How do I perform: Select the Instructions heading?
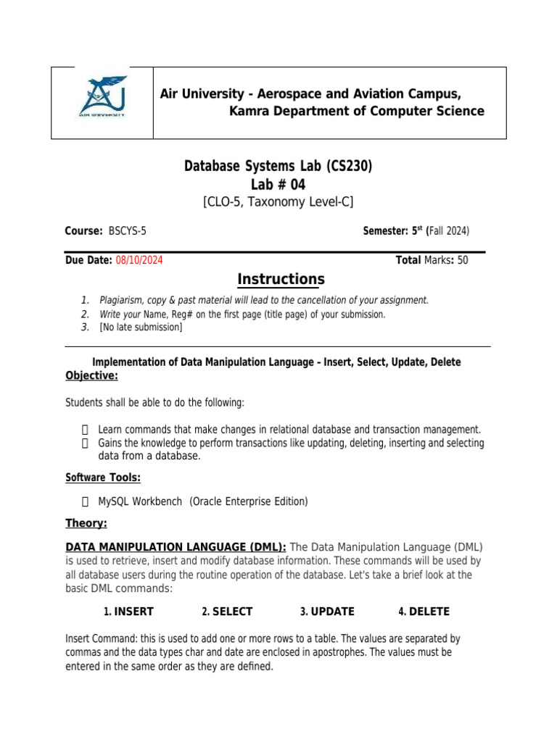point(281,280)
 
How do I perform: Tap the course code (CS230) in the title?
point(349,167)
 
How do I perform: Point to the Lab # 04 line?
point(278,185)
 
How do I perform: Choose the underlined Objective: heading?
point(91,375)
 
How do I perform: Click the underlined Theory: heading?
point(86,523)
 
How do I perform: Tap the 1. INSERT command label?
point(128,612)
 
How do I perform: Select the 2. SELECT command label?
point(227,612)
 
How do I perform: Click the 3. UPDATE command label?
point(327,612)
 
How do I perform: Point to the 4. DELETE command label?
point(424,612)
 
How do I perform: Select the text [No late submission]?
point(141,328)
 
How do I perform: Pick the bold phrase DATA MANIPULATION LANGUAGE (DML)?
point(176,546)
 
